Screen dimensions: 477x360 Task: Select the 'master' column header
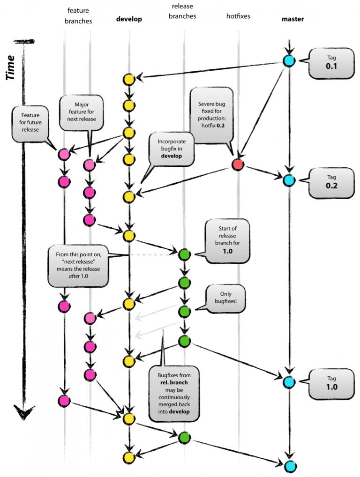tap(292, 19)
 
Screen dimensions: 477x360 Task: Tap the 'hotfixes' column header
tap(238, 16)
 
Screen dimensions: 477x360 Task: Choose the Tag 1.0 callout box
tap(331, 383)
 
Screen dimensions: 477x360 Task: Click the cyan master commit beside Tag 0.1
tap(289, 60)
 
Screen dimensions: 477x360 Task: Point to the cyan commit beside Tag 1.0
tap(289, 382)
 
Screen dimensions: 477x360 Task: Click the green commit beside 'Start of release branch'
tap(184, 254)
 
